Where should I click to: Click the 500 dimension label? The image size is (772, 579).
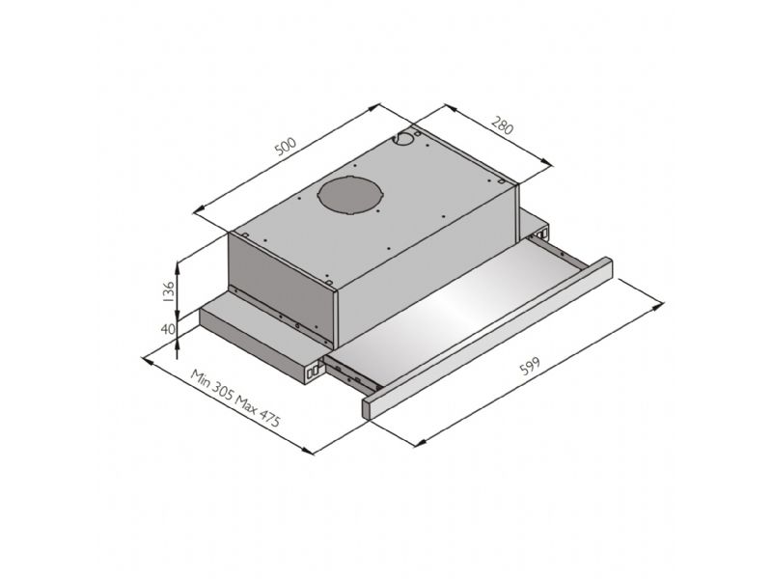[x=285, y=147]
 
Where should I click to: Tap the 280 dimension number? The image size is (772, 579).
[x=502, y=125]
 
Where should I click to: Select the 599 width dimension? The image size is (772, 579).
[x=530, y=366]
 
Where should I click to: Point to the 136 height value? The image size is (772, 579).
[x=168, y=291]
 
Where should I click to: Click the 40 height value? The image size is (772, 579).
[x=168, y=328]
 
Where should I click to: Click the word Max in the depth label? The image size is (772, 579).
[x=245, y=403]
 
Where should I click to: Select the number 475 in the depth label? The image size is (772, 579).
[x=269, y=418]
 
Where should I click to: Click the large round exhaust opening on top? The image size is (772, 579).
[x=350, y=195]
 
